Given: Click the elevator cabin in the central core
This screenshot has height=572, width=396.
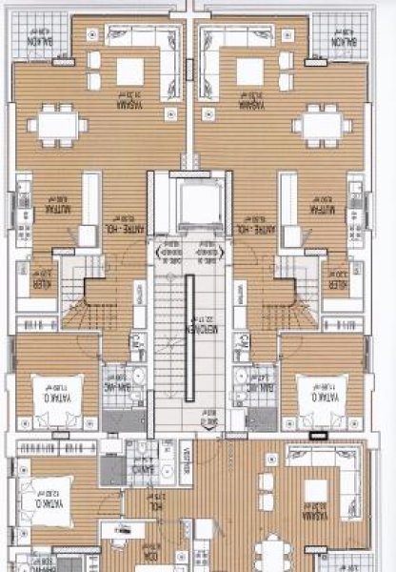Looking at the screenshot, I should [x=197, y=201].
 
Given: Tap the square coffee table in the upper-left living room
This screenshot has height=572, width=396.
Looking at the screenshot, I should [x=130, y=71].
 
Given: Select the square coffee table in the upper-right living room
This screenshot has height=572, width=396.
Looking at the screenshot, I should [x=250, y=71].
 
